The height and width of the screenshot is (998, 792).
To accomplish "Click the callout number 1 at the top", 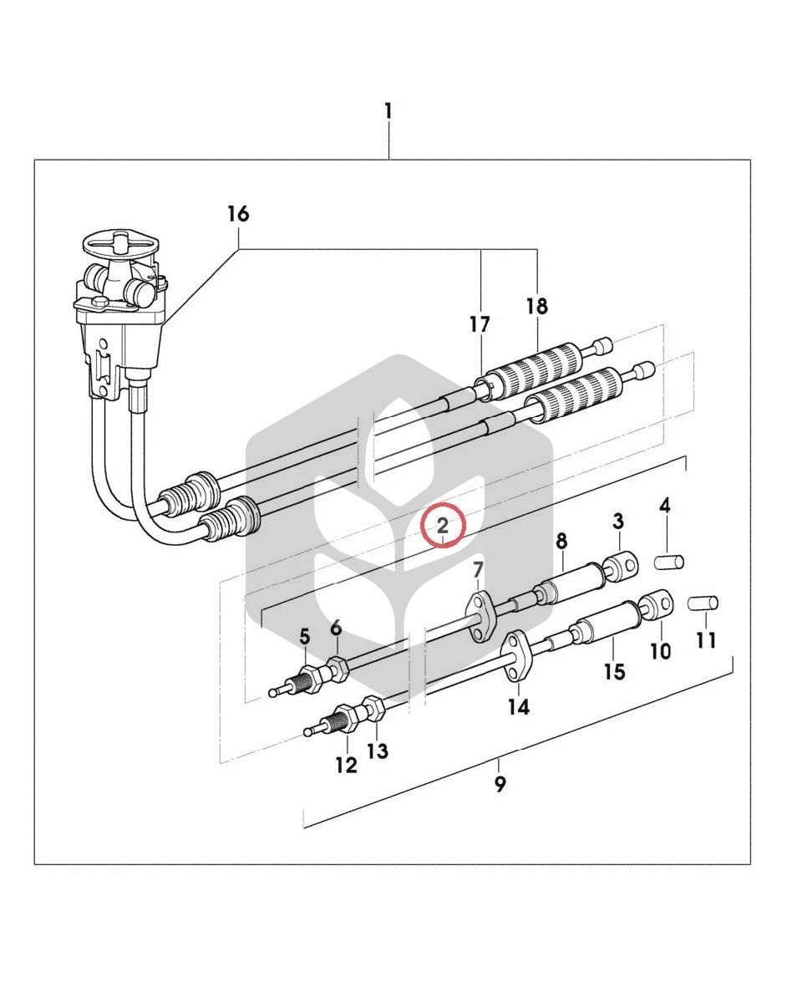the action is [x=388, y=111].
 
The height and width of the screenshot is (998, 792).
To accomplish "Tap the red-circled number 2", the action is [x=443, y=526].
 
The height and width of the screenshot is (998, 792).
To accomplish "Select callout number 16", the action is [x=239, y=214].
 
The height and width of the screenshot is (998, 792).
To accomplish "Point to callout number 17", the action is [x=480, y=324].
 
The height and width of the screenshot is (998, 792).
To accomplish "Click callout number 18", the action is [x=537, y=306].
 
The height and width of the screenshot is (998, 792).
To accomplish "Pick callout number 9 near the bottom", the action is [x=500, y=783].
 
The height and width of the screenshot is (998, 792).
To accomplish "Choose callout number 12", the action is [x=346, y=765].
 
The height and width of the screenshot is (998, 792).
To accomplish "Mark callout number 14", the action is [x=519, y=706].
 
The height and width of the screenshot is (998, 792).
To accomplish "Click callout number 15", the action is [x=615, y=671].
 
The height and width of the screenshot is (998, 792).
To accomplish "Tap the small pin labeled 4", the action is [x=670, y=562].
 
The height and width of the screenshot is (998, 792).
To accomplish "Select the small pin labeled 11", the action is [x=704, y=602].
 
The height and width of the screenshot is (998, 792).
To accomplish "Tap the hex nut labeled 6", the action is [x=337, y=669].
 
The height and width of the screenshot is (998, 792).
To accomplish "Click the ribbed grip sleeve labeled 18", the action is [x=540, y=370].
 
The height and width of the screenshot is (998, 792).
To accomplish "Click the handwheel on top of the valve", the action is [x=121, y=245].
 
